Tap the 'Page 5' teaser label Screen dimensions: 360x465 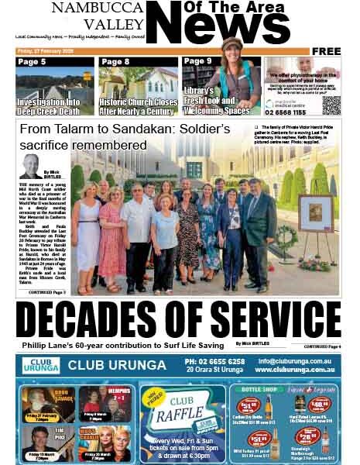[32, 61]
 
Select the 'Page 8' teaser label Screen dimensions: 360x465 [115, 61]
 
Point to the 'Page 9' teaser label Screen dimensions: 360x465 [198, 61]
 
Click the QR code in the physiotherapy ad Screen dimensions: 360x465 [331, 105]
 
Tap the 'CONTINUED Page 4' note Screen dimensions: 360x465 [321, 346]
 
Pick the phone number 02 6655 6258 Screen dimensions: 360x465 [214, 361]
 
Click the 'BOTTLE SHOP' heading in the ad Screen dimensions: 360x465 [258, 389]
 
